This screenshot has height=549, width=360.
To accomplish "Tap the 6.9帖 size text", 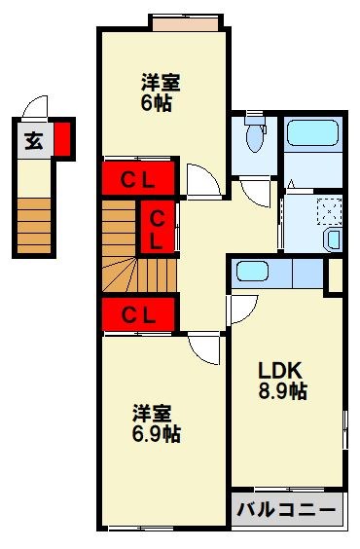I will (156, 432).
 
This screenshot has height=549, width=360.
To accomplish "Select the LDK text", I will (281, 371).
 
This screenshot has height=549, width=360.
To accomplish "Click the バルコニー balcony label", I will (288, 508).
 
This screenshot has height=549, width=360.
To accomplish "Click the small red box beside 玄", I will (61, 137).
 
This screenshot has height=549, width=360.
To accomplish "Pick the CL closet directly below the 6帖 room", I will (138, 179).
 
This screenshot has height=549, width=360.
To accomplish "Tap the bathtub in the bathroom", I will (311, 133).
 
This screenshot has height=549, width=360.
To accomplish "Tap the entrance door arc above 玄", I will (36, 107).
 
